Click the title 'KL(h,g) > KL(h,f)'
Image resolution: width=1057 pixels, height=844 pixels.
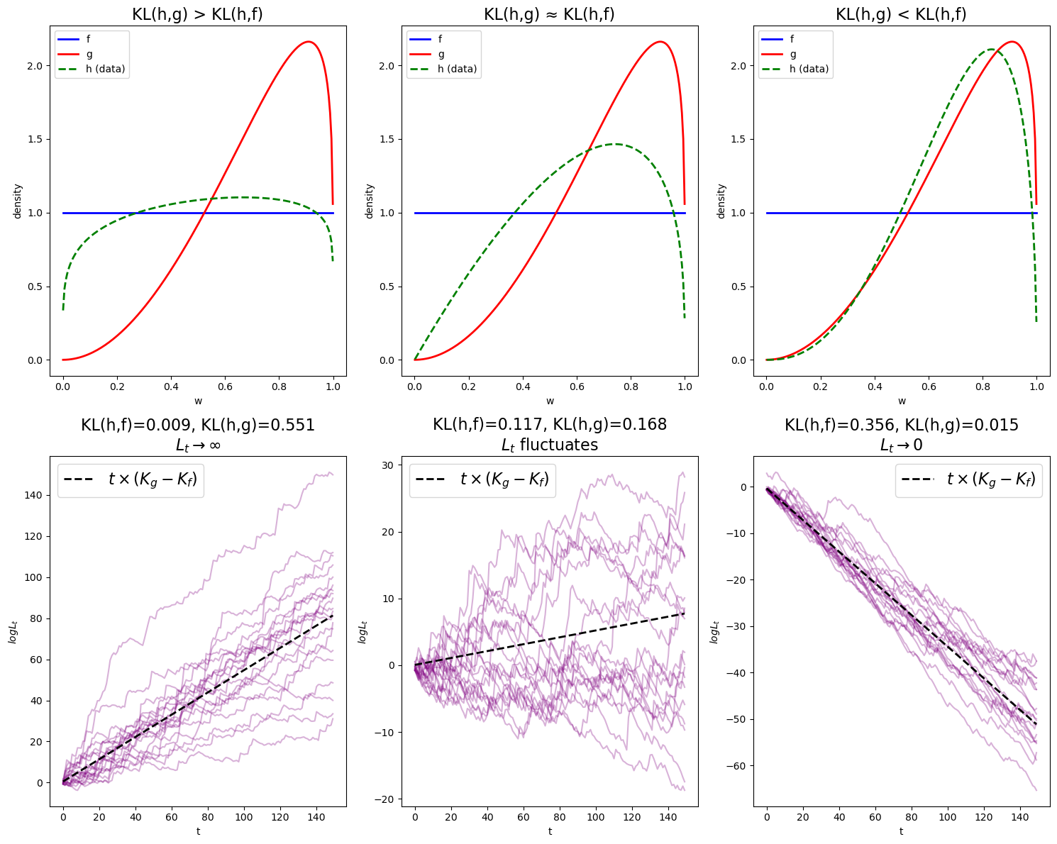tap(197, 14)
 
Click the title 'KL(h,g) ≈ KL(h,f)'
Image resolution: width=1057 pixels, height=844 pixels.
tap(549, 14)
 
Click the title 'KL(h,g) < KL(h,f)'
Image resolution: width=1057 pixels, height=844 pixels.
tap(901, 14)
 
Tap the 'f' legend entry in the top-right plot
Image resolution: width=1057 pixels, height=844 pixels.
tap(792, 39)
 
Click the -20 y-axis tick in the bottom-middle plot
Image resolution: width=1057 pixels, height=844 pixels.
tap(388, 799)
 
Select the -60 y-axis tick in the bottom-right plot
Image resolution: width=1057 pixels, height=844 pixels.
tap(740, 766)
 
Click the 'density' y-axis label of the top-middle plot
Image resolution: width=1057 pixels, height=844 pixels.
tap(369, 201)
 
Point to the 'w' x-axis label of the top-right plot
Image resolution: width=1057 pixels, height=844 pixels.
tap(902, 401)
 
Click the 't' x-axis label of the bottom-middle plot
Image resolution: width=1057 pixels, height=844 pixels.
tap(550, 831)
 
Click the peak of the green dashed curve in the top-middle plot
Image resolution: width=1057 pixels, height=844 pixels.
tap(614, 144)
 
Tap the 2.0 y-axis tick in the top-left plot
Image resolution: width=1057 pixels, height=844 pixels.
tap(35, 65)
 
